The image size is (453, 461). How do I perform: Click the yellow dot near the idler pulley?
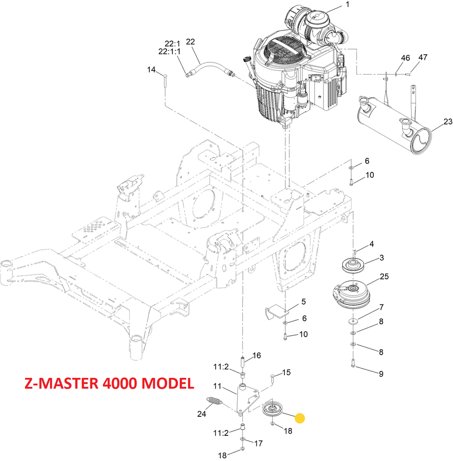click(x=300, y=418)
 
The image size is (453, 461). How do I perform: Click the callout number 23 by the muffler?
click(x=448, y=122)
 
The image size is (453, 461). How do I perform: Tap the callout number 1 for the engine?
click(x=347, y=5)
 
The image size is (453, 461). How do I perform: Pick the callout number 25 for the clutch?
click(x=384, y=277)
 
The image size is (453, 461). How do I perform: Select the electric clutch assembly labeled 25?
click(x=349, y=293)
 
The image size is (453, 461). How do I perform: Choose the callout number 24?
click(x=202, y=414)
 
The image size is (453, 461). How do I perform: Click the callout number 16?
click(x=257, y=356)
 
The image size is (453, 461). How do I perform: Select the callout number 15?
click(x=286, y=373)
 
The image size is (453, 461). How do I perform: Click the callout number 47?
click(x=423, y=57)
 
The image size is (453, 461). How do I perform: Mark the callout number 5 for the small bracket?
click(x=303, y=302)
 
